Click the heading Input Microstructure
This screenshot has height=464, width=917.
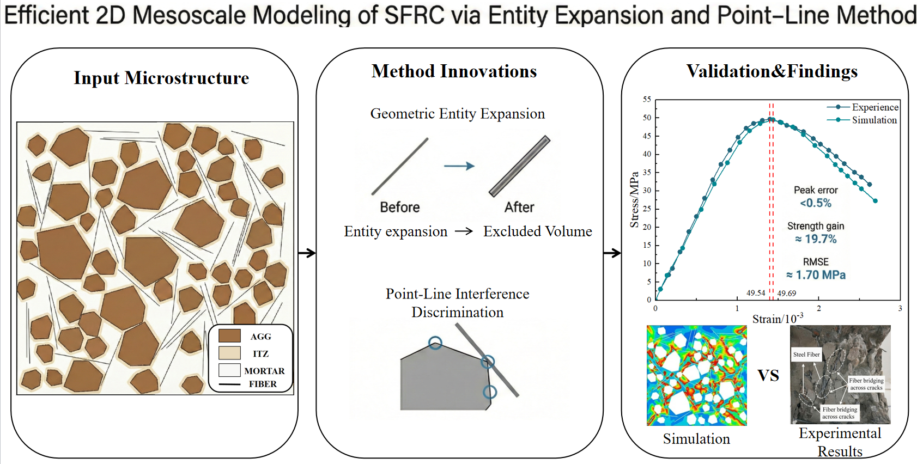pyautogui.click(x=161, y=78)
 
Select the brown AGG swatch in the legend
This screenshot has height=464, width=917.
pyautogui.click(x=229, y=336)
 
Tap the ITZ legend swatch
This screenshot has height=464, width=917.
pyautogui.click(x=229, y=353)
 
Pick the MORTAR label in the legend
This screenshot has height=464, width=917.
pyautogui.click(x=264, y=371)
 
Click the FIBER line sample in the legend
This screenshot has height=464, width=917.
pyautogui.click(x=229, y=384)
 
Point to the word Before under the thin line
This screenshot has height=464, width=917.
pyautogui.click(x=400, y=207)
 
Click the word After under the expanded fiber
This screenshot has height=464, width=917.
pyautogui.click(x=519, y=207)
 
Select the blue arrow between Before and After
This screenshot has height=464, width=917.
pyautogui.click(x=459, y=166)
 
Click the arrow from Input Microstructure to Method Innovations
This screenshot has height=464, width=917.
pyautogui.click(x=307, y=253)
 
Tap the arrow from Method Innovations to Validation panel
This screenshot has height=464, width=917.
pyautogui.click(x=612, y=253)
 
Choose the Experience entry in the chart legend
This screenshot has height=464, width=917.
pyautogui.click(x=863, y=107)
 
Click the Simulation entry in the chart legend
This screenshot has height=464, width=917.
pyautogui.click(x=862, y=120)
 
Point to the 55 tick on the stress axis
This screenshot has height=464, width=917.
pyautogui.click(x=647, y=99)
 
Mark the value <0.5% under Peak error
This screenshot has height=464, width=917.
pyautogui.click(x=816, y=203)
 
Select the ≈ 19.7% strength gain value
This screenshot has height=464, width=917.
pyautogui.click(x=816, y=239)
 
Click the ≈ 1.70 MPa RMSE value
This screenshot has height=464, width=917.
pyautogui.click(x=816, y=275)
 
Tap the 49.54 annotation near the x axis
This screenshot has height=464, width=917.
pyautogui.click(x=756, y=293)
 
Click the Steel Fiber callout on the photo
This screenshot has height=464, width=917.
pyautogui.click(x=806, y=355)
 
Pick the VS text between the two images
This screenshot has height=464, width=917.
pyautogui.click(x=768, y=376)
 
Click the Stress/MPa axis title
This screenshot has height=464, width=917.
pyautogui.click(x=634, y=200)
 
